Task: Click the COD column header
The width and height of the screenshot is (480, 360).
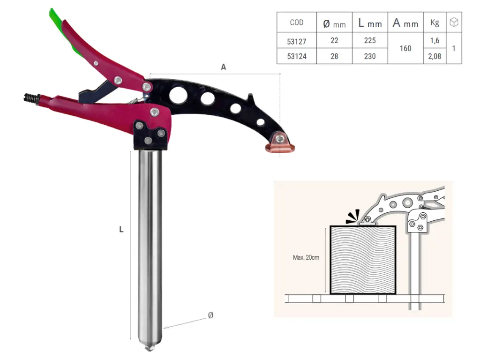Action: pyautogui.click(x=296, y=22)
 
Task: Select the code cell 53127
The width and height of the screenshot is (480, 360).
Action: pyautogui.click(x=296, y=41)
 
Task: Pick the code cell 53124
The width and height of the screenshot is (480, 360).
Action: pyautogui.click(x=296, y=57)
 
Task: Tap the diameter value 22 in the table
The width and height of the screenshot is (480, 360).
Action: pyautogui.click(x=334, y=41)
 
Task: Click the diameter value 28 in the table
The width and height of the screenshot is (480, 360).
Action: pyautogui.click(x=334, y=57)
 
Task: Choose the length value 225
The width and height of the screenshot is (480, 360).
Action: pyautogui.click(x=370, y=41)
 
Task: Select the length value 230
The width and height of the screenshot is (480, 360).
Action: pyautogui.click(x=370, y=57)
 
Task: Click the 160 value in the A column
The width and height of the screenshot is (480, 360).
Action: pyautogui.click(x=405, y=49)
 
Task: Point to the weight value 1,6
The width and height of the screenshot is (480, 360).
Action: pyautogui.click(x=435, y=41)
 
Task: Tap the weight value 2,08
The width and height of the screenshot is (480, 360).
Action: pyautogui.click(x=435, y=57)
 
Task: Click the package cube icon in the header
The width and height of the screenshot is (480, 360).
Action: pyautogui.click(x=454, y=22)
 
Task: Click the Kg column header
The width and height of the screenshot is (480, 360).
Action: pyautogui.click(x=435, y=22)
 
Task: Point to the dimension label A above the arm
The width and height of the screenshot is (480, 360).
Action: pyautogui.click(x=224, y=67)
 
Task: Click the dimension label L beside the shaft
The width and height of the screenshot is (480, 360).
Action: pyautogui.click(x=121, y=230)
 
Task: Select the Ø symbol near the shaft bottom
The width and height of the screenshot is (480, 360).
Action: pyautogui.click(x=210, y=315)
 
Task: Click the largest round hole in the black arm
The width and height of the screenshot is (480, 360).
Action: pyautogui.click(x=178, y=95)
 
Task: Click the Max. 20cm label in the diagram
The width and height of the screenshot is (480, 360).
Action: pyautogui.click(x=306, y=257)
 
